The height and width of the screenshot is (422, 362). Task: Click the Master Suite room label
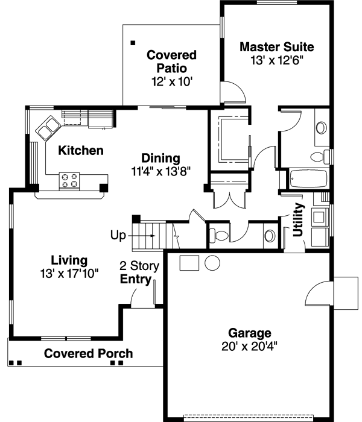tap(276, 46)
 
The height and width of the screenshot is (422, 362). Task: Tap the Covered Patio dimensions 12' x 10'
tap(171, 81)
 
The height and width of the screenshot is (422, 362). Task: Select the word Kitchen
tap(80, 151)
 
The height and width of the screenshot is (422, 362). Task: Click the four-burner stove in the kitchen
tap(69, 180)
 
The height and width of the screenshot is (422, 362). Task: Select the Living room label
tap(69, 260)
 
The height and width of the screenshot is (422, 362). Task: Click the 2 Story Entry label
tap(139, 272)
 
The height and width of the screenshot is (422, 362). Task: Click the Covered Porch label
tap(88, 354)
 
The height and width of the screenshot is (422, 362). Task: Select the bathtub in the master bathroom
tap(308, 179)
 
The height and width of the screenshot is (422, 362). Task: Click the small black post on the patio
tap(133, 43)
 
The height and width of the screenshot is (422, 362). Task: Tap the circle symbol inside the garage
tap(212, 263)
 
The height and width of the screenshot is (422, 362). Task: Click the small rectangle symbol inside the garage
tap(190, 263)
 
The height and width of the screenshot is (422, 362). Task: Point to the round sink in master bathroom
tap(322, 128)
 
